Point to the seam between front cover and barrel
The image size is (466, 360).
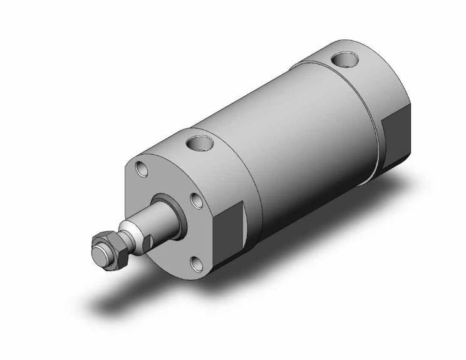pyautogui.click(x=253, y=188)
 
